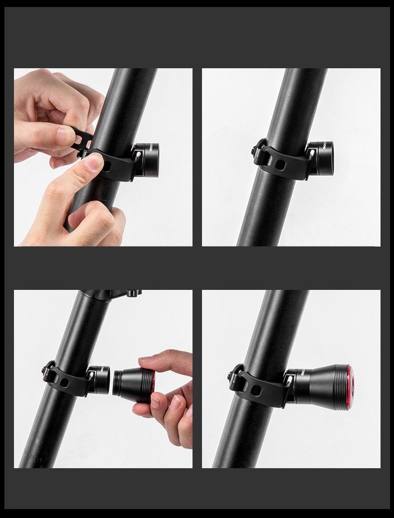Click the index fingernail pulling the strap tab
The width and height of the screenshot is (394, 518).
pyautogui.click(x=66, y=133)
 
